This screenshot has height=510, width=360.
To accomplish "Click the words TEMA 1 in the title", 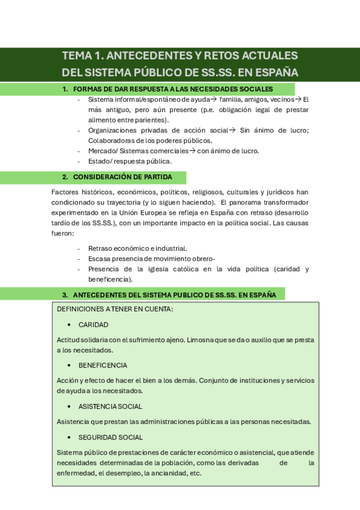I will click(x=82, y=56).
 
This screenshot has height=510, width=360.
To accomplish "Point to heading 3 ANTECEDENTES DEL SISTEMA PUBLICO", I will click(x=174, y=295).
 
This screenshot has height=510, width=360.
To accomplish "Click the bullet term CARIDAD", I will click(x=93, y=325).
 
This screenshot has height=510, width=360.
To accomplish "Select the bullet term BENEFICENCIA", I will click(x=103, y=365).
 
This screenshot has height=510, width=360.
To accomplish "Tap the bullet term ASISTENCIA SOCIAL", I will click(x=111, y=406).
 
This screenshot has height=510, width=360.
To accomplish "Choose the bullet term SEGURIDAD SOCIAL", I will click(x=111, y=437).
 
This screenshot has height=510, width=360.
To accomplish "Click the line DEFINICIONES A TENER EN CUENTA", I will click(x=115, y=309).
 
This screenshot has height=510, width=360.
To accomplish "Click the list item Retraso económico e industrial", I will click(x=138, y=248).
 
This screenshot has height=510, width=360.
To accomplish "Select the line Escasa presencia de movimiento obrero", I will click(x=151, y=259).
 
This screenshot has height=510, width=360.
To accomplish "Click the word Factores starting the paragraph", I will click(x=65, y=192).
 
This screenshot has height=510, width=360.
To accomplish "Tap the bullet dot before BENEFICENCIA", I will click(x=70, y=365).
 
